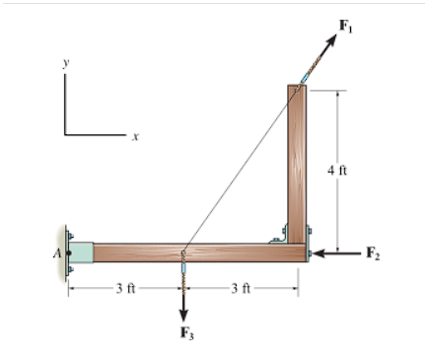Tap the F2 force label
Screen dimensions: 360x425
[373, 253]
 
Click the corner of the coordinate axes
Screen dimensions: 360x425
[66, 133]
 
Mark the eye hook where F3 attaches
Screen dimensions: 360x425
[183, 260]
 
